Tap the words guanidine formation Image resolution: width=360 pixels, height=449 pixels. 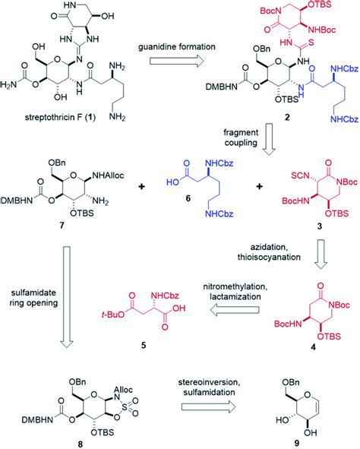tap(180, 46)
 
